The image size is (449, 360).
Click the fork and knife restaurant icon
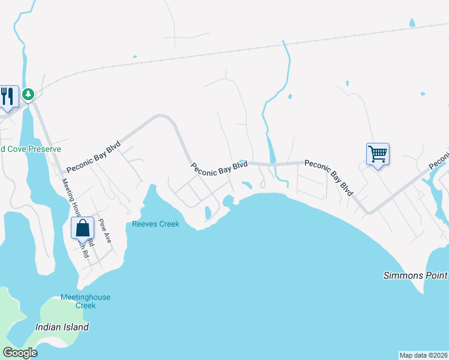pyautogui.click(x=6, y=96)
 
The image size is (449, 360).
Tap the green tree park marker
pyautogui.click(x=28, y=94)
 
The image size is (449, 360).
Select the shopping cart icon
pyautogui.click(x=378, y=154)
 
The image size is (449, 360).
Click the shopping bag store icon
pyautogui.click(x=82, y=229)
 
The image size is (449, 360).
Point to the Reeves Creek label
pyautogui.click(x=155, y=224)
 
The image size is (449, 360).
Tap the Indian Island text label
pyautogui.click(x=62, y=327)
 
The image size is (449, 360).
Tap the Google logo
pyautogui.click(x=20, y=353)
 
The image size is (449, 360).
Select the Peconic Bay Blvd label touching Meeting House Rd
pyautogui.click(x=93, y=157)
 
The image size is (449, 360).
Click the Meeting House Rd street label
pyautogui.click(x=77, y=204)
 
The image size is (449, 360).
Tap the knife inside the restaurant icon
pyautogui.click(x=10, y=94)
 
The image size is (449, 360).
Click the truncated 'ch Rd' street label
pyautogui.click(x=85, y=250)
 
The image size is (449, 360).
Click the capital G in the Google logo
pyautogui.click(x=8, y=353)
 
